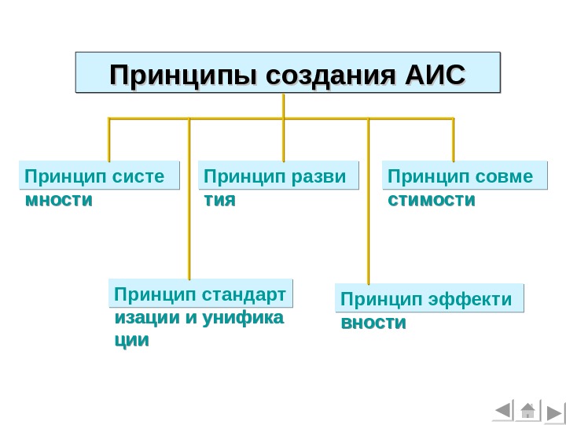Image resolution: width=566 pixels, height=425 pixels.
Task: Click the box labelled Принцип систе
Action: coord(98,176)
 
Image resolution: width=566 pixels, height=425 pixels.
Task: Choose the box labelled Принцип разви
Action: coord(278,176)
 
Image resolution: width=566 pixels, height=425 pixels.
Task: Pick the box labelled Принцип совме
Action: coord(464,176)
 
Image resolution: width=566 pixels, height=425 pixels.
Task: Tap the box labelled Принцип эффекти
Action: coord(429,299)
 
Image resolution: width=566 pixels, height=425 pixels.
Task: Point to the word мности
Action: coord(58,201)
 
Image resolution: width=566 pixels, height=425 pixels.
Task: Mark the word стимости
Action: coord(432,201)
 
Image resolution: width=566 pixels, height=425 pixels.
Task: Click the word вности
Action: coord(373,323)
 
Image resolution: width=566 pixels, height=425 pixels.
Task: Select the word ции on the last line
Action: coord(131,341)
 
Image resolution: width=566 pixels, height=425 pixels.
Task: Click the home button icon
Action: coord(527,411)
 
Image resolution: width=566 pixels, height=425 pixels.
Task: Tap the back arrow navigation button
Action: coord(502,411)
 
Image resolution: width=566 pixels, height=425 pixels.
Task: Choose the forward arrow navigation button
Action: coord(553,412)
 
